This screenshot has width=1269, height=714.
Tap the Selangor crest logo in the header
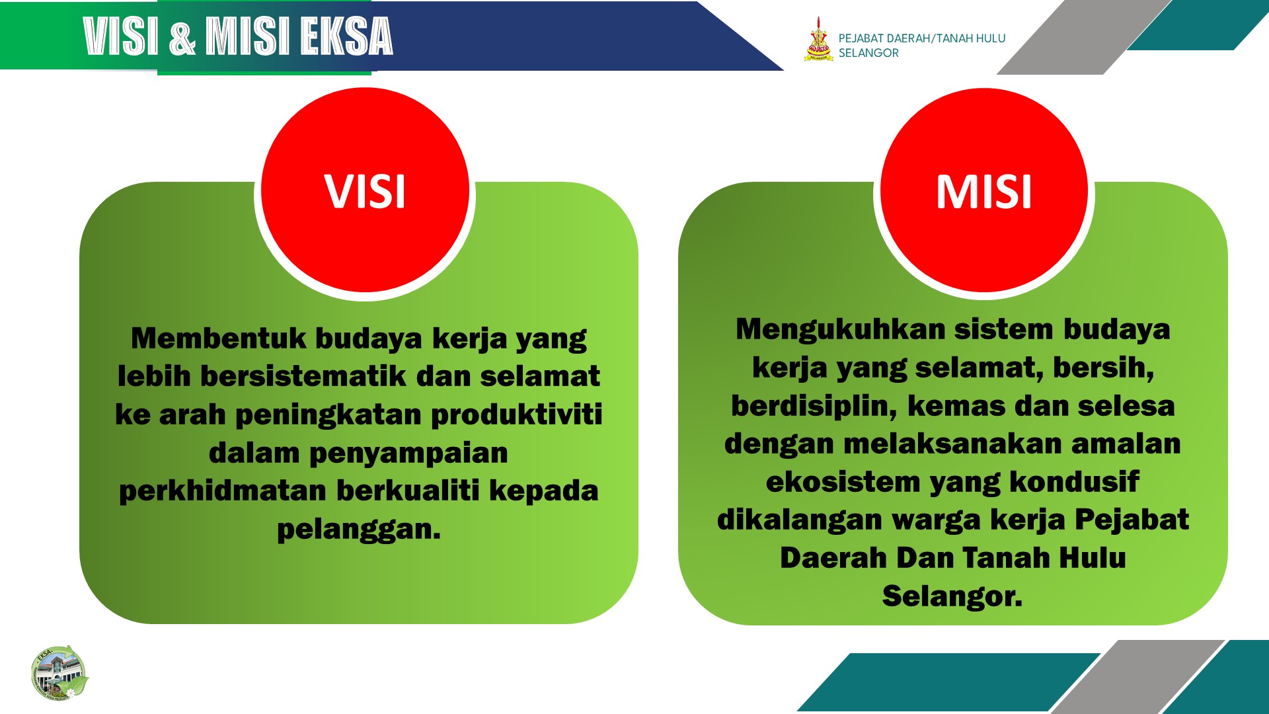(818, 39)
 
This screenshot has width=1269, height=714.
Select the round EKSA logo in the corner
(59, 673)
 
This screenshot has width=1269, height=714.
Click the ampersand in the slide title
(182, 37)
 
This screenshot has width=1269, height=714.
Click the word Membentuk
(219, 338)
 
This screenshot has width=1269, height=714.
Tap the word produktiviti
(517, 415)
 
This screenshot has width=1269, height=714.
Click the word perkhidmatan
(223, 491)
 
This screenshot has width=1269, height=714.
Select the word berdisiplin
(814, 406)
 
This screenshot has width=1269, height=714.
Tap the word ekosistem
(843, 481)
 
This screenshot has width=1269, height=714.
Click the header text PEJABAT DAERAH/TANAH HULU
(922, 38)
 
